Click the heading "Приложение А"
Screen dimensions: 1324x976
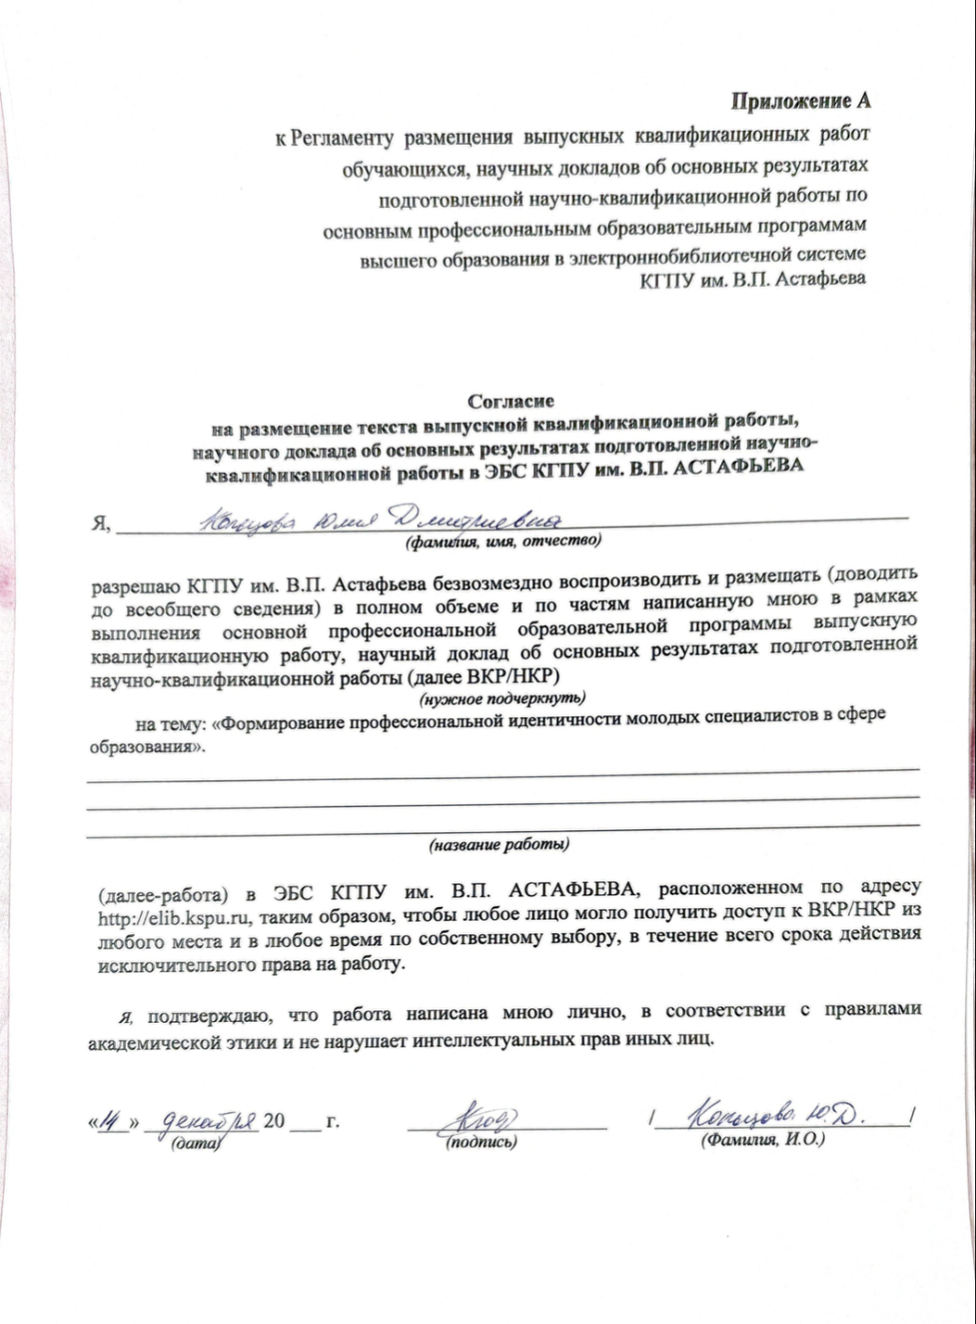[x=801, y=101]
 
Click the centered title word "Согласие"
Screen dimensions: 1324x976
[x=511, y=401]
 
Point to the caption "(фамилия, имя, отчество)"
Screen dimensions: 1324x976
[x=503, y=543]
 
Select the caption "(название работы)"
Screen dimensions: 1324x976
[x=498, y=845]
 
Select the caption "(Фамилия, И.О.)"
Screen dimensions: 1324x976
[x=763, y=1140]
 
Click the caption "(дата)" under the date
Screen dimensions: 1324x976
[x=195, y=1143]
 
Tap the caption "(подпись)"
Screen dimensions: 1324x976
[x=481, y=1143]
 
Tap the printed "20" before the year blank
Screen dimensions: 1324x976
[x=274, y=1121]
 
